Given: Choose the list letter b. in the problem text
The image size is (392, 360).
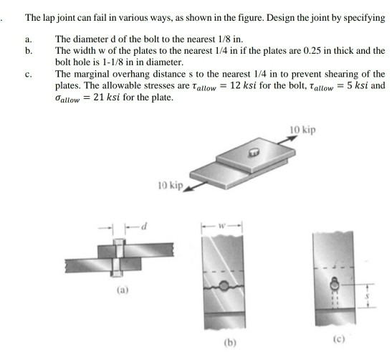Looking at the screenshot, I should (28, 52).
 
